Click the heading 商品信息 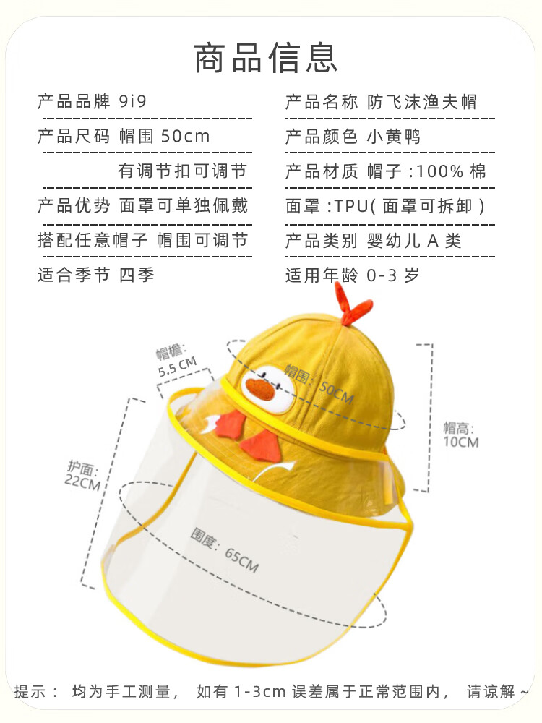coord(266,59)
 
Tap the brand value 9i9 coord(132,101)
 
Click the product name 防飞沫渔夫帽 coord(421,101)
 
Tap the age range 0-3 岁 coord(393,275)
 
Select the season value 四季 coord(137,275)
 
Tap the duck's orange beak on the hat coord(259,390)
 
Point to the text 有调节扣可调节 coord(182,171)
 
